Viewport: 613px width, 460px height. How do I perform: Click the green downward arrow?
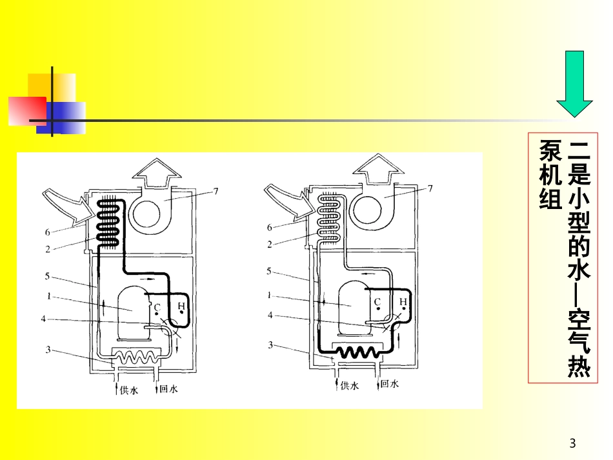coord(574,84)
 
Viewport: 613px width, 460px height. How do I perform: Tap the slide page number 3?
coord(572,443)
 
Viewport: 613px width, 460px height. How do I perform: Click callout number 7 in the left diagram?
coord(216,191)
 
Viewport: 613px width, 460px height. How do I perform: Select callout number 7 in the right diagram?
coord(430,188)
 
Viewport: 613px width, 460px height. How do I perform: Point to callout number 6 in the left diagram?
coord(48,232)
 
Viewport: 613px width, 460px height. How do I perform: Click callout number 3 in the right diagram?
coord(270,345)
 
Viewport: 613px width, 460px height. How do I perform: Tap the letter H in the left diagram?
coord(181,306)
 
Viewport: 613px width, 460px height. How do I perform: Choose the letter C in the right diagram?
coord(377,302)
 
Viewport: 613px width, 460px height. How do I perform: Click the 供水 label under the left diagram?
coord(129,390)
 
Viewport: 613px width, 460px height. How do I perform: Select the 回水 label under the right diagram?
coord(389,384)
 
